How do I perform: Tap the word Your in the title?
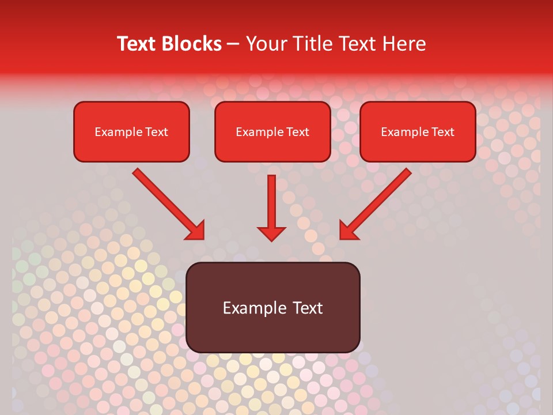[x=266, y=44]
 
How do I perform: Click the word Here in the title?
[x=406, y=44]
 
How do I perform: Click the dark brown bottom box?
[x=273, y=334]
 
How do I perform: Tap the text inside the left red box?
[x=131, y=132]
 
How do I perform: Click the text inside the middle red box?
[x=272, y=132]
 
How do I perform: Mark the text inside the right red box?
[x=418, y=132]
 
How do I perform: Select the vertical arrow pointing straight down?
[x=271, y=205]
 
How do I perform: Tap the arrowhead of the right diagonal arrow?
[x=349, y=230]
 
